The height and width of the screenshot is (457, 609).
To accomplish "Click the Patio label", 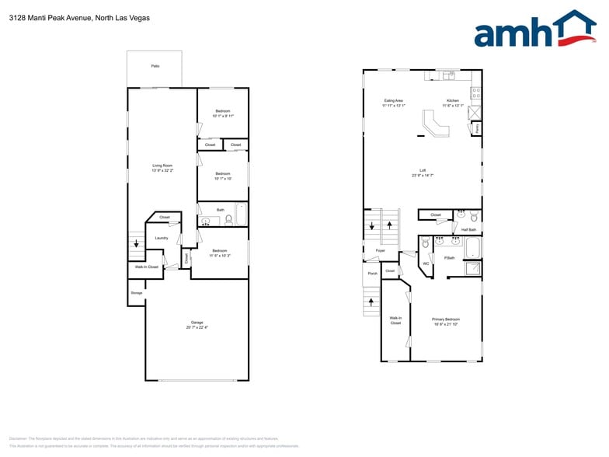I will point(155,66).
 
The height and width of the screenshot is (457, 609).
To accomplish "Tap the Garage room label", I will point(197,324).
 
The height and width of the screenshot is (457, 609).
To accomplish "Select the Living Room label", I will point(162,166).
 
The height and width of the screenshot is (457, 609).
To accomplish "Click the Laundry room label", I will point(162,238).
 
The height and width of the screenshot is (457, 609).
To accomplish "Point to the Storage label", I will point(136,292).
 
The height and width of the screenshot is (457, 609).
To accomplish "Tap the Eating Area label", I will point(393,100).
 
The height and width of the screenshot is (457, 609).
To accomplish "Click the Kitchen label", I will point(453,100).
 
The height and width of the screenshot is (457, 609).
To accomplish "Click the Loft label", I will point(423,170).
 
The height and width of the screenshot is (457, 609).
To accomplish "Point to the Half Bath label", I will point(468,229).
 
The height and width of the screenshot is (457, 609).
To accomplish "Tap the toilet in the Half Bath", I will point(474,217).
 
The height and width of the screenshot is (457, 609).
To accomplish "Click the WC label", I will point(425,263).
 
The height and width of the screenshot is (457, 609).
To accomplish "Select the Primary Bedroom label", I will point(446,319).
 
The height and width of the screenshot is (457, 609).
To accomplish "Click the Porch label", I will point(372,274).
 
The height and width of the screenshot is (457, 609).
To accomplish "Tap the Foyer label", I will point(381,250).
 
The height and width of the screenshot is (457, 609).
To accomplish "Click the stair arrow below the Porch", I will point(371,301).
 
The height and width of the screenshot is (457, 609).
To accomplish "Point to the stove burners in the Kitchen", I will point(476,91).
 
